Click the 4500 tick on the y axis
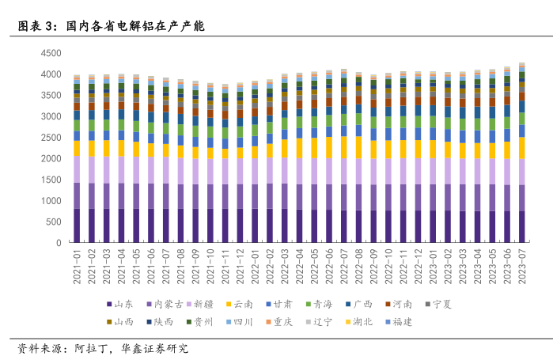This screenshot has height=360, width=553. coord(51,53)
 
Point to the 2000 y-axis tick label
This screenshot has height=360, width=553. coord(51,158)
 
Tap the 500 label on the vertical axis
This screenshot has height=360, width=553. coord(55,222)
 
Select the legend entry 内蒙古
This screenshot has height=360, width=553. coord(168,304)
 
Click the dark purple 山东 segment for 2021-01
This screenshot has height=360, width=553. coord(78,225)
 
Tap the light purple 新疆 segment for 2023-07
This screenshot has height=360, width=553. coord(522,172)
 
